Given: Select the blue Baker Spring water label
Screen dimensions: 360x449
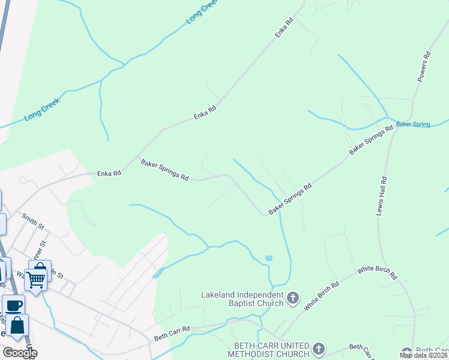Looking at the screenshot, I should click(x=413, y=125).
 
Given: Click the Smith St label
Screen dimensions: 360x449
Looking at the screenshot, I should click(x=33, y=221).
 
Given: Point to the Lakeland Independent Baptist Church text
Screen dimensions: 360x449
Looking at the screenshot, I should click(x=242, y=299).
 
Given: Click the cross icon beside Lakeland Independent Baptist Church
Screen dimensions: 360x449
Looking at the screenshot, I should click(x=293, y=298).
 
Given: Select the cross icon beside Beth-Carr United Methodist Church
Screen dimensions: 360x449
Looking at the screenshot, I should click(x=319, y=349).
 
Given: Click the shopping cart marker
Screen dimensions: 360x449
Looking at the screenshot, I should click(x=36, y=278).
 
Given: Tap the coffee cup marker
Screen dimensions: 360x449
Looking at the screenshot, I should click(x=13, y=305).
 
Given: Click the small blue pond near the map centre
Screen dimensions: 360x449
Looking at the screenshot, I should click(x=268, y=258).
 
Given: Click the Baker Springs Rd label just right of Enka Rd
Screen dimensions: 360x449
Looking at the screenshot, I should click(x=164, y=170).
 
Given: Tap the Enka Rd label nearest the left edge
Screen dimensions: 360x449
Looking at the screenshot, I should click(x=109, y=173).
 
